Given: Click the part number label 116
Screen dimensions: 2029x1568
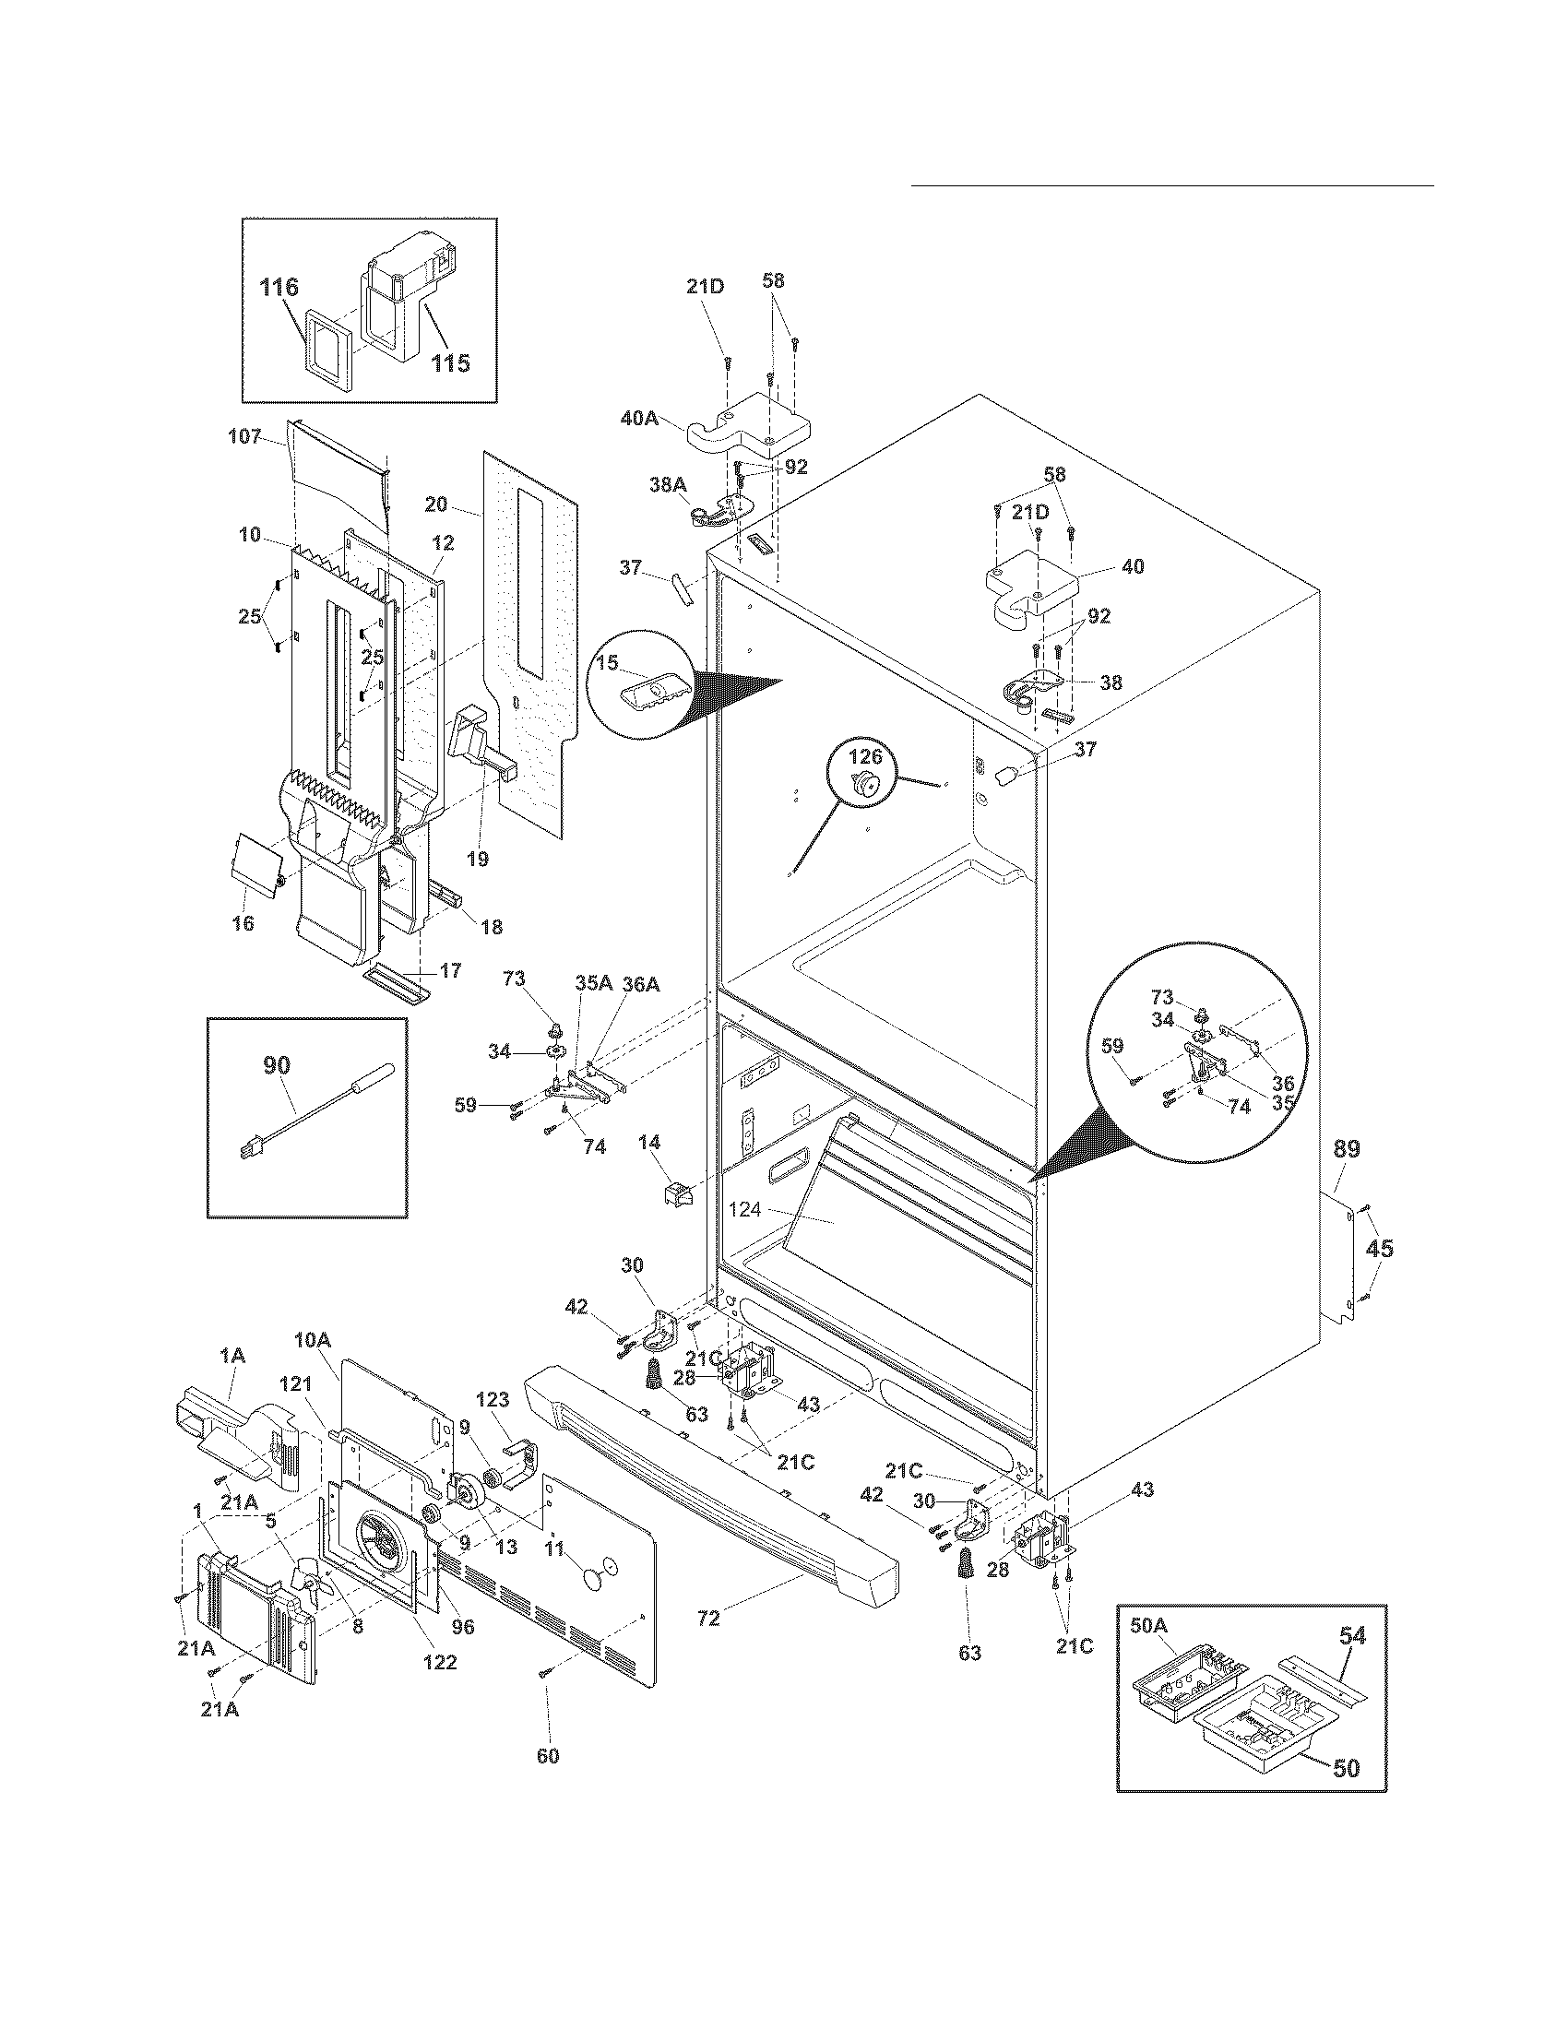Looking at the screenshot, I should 279,287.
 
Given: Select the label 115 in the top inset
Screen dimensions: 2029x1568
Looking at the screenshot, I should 450,362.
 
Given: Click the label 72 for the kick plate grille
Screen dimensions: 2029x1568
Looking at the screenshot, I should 707,1618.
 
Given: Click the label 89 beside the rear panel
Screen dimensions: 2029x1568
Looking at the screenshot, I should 1347,1149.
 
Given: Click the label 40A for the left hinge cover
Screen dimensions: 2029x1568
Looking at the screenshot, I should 639,419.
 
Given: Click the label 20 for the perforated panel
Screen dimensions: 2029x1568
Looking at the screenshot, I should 436,504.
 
